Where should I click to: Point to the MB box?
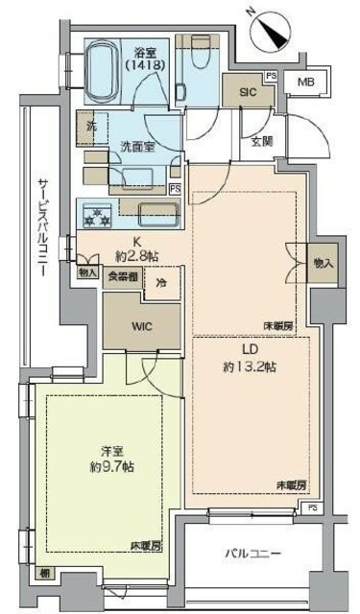305,82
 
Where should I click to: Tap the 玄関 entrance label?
262,142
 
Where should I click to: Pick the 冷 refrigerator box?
161,283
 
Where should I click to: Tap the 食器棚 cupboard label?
120,276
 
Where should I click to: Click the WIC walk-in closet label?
141,324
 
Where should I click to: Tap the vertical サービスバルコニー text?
42,225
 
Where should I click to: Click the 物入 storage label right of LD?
324,263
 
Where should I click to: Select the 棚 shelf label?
44,573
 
